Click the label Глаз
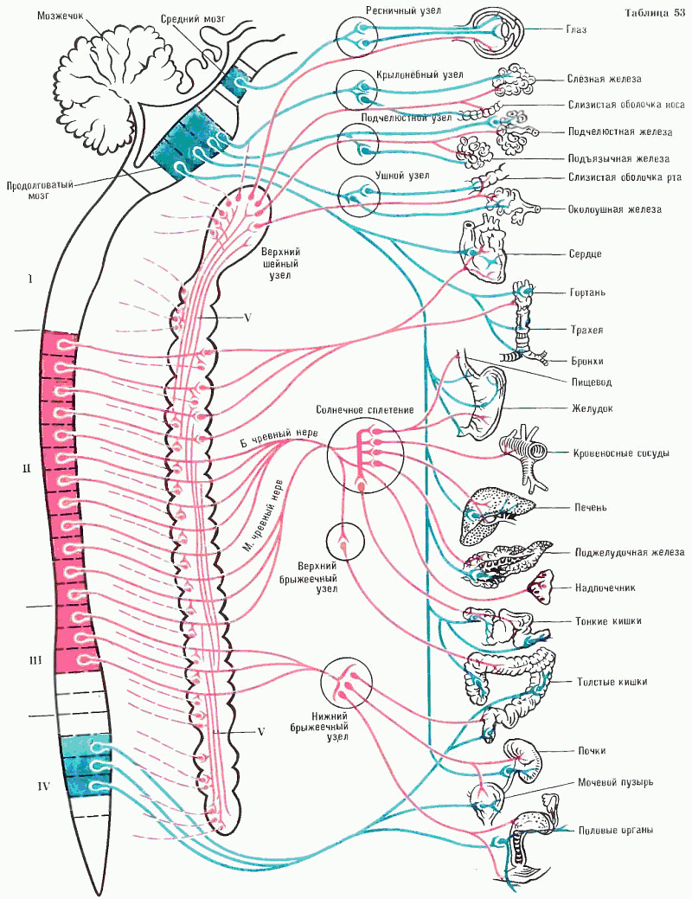click(x=575, y=29)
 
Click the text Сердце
click(x=585, y=254)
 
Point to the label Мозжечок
click(x=61, y=16)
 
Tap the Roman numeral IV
click(x=43, y=787)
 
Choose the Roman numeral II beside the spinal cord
click(x=26, y=469)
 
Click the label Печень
click(x=591, y=507)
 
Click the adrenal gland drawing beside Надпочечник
click(x=540, y=587)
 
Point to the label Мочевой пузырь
click(x=615, y=782)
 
